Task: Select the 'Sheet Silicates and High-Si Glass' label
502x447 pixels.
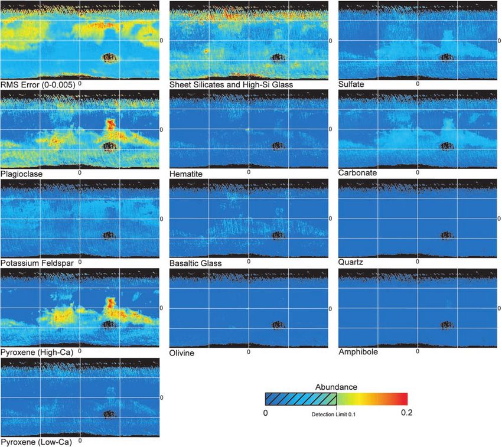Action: point(232,84)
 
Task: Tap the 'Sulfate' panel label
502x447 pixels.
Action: point(351,84)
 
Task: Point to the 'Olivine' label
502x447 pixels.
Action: point(182,353)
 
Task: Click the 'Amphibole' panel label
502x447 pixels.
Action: point(358,352)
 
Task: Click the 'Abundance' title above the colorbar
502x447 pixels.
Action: point(336,386)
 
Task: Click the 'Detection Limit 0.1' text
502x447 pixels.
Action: point(337,414)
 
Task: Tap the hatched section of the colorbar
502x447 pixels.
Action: point(300,399)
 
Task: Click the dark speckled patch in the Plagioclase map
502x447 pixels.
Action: point(109,146)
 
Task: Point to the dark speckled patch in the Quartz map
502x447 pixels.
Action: point(448,235)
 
